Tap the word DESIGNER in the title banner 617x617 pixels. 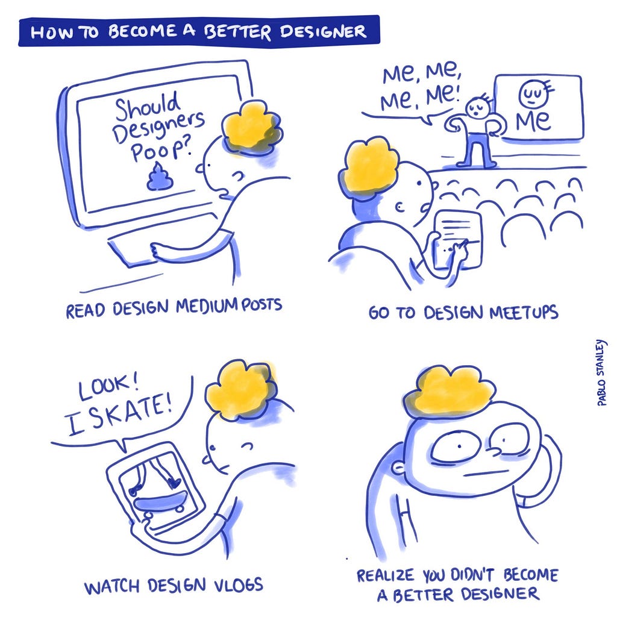pyautogui.click(x=323, y=31)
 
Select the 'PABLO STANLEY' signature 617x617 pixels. pyautogui.click(x=602, y=372)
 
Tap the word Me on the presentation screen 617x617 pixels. pyautogui.click(x=533, y=120)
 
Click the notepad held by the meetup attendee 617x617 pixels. pyautogui.click(x=458, y=239)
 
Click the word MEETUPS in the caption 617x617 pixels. pyautogui.click(x=524, y=313)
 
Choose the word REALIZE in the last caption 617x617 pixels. pyautogui.click(x=385, y=575)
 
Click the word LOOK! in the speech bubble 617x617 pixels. pyautogui.click(x=108, y=387)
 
